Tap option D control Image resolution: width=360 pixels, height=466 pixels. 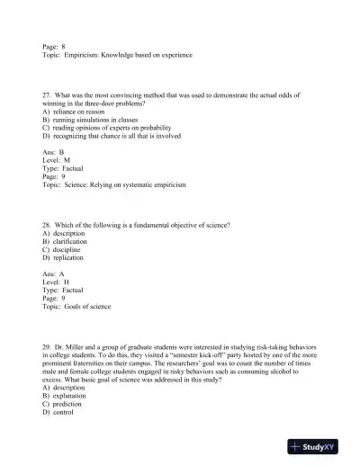pos(62,412)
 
